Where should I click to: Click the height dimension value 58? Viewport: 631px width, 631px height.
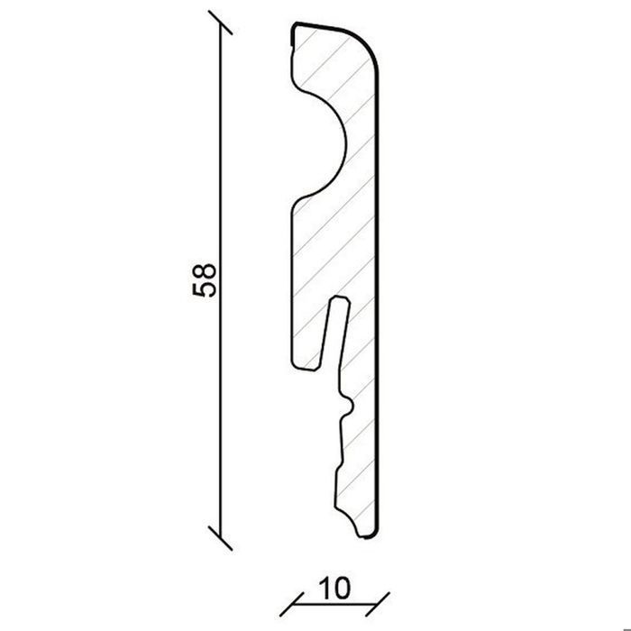205,280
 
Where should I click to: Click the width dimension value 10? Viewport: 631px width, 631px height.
334,588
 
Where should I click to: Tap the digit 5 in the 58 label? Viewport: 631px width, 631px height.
205,289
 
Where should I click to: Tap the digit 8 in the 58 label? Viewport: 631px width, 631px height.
205,272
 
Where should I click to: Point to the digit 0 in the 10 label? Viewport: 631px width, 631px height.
342,588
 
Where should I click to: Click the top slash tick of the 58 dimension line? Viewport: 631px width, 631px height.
221,23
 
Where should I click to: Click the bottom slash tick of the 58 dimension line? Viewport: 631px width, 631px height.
221,537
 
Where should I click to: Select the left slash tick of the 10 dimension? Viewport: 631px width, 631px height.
292,604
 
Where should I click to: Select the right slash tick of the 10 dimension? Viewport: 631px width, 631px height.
378,604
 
